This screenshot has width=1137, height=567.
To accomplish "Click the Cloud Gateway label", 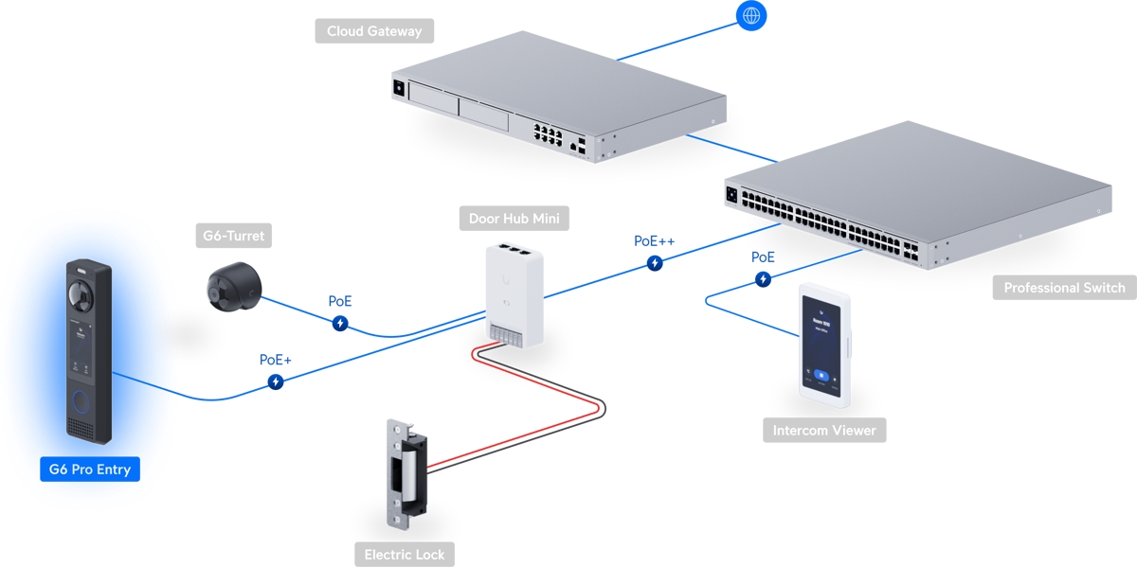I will [374, 31].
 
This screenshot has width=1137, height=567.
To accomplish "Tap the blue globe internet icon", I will [750, 15].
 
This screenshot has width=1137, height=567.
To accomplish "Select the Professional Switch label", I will [1064, 288].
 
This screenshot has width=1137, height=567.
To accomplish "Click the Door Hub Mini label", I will [514, 219].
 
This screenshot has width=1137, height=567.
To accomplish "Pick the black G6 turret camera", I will [233, 287].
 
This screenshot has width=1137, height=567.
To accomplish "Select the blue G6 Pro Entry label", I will [90, 469].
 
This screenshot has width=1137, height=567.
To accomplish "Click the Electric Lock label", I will [405, 554].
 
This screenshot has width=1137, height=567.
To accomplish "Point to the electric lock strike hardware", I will [406, 473].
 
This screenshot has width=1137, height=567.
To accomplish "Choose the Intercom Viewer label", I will [824, 430].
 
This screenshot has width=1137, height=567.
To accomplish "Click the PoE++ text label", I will [655, 241].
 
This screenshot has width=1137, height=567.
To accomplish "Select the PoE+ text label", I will [276, 360].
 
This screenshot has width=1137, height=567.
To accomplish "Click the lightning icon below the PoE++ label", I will [655, 263].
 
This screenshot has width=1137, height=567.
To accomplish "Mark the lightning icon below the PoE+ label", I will [276, 381].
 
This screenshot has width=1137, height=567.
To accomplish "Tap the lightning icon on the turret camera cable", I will [340, 324].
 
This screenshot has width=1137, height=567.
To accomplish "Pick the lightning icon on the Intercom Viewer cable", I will [763, 279].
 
